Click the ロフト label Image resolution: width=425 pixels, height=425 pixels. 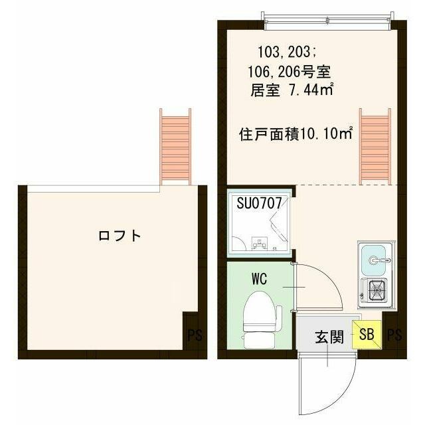coord(120,236)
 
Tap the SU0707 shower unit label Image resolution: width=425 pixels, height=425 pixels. coord(259,203)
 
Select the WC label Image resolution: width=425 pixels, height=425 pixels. coord(260,279)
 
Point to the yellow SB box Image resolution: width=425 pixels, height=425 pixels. coord(367,335)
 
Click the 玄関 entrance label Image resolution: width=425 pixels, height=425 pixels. coord(329,337)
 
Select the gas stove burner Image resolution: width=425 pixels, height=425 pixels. coord(377,290)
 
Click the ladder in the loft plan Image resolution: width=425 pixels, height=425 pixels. coord(175,147)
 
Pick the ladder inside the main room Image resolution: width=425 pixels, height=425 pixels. coord(375,146)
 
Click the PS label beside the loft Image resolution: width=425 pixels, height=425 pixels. coord(195,335)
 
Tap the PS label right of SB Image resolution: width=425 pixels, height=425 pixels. coord(394,335)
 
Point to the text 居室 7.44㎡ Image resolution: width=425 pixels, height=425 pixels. coord(292,90)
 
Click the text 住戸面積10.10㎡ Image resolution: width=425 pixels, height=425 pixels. coord(296,134)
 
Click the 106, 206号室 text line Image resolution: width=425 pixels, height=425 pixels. coord(290,72)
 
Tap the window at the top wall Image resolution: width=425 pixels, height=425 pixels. coord(327,21)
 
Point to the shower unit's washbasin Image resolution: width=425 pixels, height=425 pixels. coord(260,243)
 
